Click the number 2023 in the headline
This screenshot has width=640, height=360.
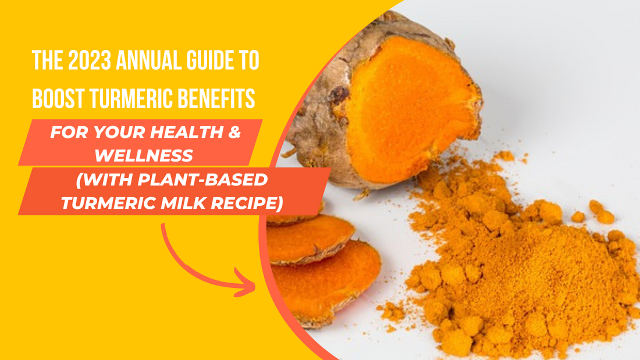coord(90,60)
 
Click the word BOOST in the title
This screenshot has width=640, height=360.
coord(58,98)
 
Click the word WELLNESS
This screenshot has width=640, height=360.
coord(144,155)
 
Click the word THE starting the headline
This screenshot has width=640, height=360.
coord(47,60)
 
